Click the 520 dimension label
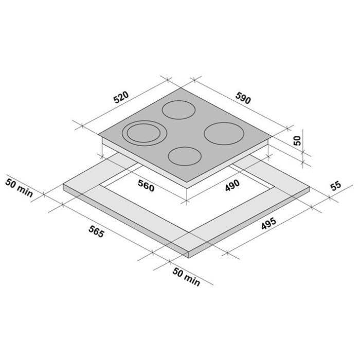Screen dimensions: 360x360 point(122,97)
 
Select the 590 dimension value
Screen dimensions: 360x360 point(243,98)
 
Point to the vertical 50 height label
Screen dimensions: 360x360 point(297,140)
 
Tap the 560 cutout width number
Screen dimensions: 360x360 point(146,186)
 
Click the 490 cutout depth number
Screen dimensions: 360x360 point(232,185)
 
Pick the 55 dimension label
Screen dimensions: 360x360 point(336,186)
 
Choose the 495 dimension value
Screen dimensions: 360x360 point(268,223)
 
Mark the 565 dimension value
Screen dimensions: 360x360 point(97,231)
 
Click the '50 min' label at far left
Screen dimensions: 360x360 point(19,188)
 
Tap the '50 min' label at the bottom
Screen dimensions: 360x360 point(186,277)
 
